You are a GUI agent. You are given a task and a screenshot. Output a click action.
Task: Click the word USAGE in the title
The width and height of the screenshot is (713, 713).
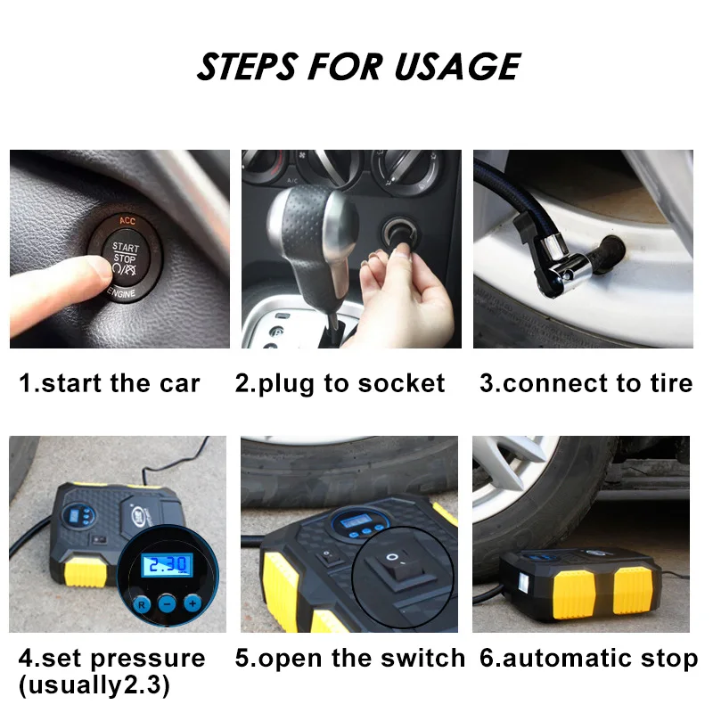[457, 66]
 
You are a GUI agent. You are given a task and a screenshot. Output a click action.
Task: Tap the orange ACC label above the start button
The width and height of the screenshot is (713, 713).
[127, 220]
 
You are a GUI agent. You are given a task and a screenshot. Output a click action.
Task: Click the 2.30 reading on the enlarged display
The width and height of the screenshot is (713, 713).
[168, 565]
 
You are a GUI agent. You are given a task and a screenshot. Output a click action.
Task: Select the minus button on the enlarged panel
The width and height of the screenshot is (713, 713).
[167, 604]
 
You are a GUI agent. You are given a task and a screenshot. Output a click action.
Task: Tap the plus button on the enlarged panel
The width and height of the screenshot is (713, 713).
[193, 603]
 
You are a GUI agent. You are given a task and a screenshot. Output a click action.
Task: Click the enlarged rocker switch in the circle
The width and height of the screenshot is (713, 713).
[400, 569]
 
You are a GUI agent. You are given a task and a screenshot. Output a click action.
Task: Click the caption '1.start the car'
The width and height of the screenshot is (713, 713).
[109, 383]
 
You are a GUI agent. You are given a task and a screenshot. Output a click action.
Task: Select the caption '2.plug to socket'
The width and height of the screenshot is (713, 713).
[340, 384]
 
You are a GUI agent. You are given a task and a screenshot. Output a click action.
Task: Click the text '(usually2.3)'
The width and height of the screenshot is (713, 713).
[94, 684]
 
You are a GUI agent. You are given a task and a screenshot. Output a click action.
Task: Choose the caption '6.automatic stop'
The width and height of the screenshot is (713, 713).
[589, 658]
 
